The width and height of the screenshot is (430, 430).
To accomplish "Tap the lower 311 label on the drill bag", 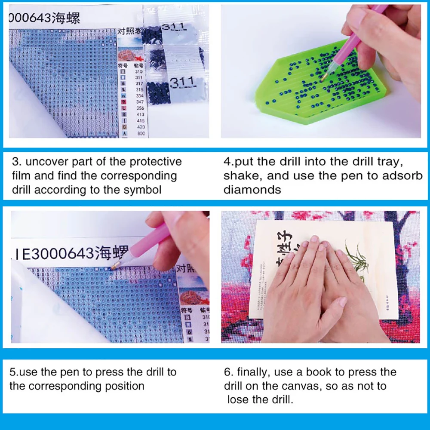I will pyautogui.click(x=181, y=82).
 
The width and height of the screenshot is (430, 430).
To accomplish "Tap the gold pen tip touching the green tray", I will pyautogui.click(x=323, y=79).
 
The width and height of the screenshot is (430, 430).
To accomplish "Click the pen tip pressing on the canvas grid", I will pyautogui.click(x=114, y=267).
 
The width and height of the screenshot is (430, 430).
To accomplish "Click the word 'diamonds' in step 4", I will pyautogui.click(x=252, y=190).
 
